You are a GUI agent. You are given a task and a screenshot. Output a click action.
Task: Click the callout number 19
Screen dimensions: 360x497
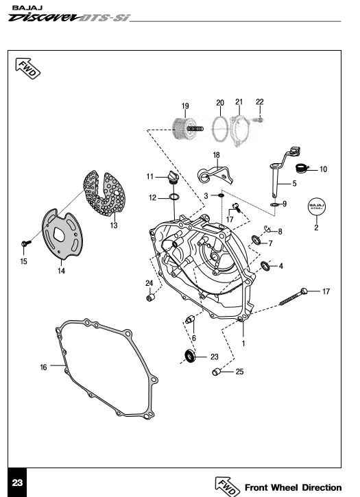click(x=185, y=106)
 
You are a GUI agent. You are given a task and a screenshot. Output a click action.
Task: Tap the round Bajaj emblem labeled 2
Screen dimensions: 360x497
click(x=317, y=206)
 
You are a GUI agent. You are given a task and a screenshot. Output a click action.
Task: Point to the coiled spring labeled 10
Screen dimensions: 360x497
click(x=302, y=168)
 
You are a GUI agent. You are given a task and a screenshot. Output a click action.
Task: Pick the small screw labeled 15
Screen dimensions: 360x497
click(x=26, y=243)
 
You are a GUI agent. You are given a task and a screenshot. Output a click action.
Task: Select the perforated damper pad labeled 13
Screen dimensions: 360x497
click(x=105, y=193)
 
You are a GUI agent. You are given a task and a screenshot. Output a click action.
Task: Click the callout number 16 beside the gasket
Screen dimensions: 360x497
click(x=43, y=367)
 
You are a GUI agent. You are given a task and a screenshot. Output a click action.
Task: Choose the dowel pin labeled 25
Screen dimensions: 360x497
click(x=217, y=372)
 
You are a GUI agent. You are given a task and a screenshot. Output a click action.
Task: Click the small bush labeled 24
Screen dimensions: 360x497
click(x=150, y=298)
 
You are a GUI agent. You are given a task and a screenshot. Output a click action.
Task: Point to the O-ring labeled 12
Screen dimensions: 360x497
click(x=173, y=197)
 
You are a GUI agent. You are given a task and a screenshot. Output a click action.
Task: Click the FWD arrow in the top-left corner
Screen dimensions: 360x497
click(x=28, y=68)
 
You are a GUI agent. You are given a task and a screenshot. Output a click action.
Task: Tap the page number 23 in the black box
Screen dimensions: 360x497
click(x=17, y=483)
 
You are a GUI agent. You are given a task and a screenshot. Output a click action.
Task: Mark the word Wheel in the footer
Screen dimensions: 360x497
click(x=284, y=487)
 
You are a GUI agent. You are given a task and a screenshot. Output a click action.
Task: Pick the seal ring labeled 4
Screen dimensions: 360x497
click(x=265, y=265)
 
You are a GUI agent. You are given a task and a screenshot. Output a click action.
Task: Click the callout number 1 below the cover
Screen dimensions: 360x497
click(x=243, y=343)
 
